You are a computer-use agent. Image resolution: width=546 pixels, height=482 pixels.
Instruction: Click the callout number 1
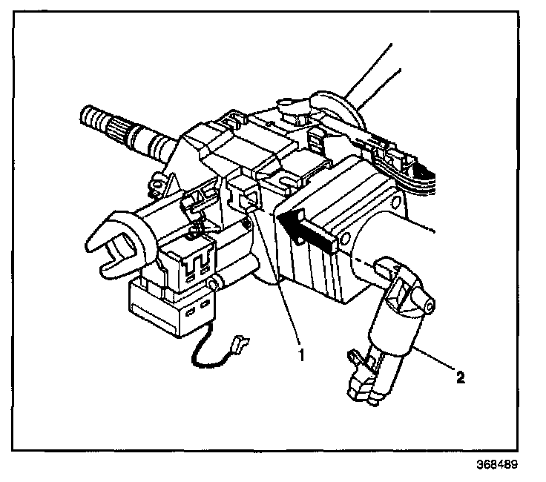click(x=300, y=354)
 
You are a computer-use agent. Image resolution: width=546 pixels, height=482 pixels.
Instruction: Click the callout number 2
click(x=460, y=378)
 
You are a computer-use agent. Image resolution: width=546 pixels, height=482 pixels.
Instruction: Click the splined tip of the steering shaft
click(x=96, y=119)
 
